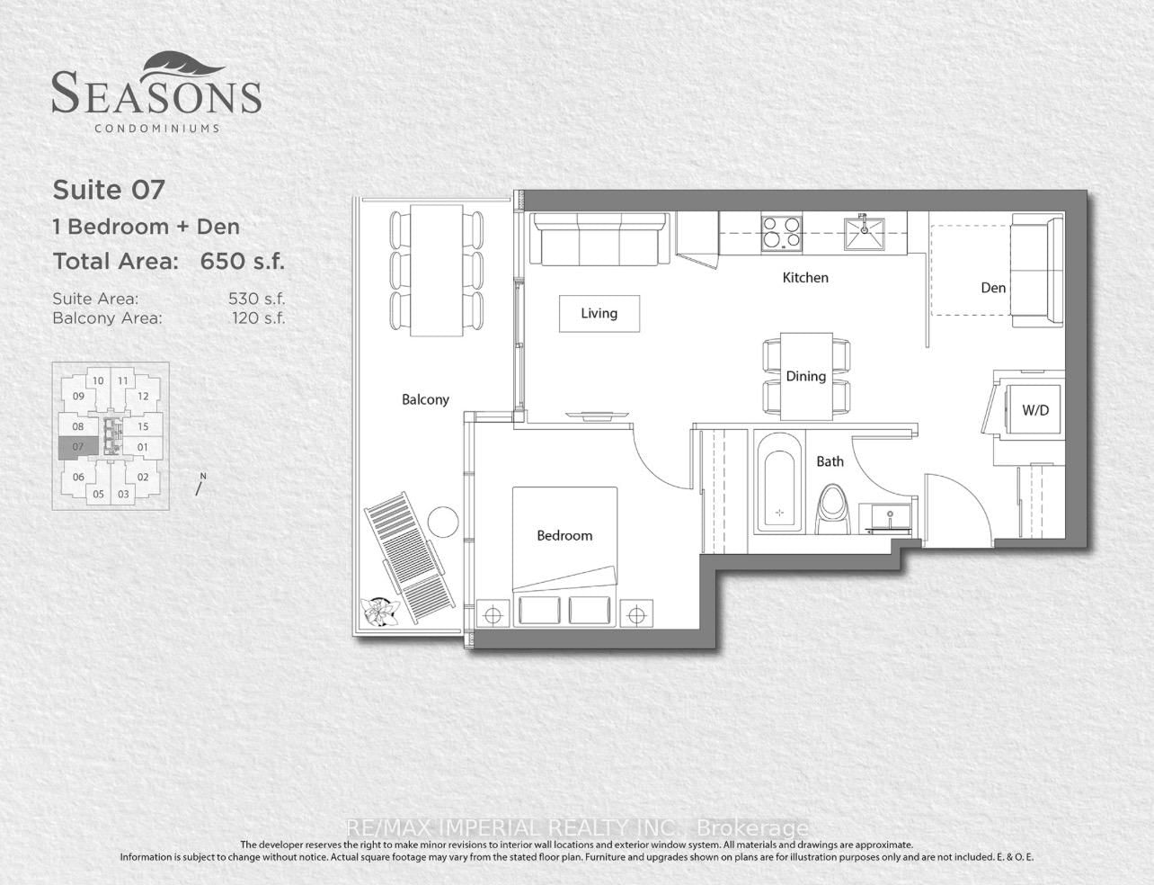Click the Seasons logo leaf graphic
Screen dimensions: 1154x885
[183, 67]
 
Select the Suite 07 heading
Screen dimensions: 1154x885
[109, 190]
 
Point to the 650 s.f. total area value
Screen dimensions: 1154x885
[242, 262]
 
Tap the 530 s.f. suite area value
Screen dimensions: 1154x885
[257, 299]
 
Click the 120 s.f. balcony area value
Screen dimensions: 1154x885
[259, 318]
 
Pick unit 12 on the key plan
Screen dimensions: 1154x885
[143, 397]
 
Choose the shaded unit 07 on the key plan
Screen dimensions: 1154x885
[78, 447]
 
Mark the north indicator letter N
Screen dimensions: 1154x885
[203, 477]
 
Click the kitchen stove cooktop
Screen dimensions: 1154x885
[781, 233]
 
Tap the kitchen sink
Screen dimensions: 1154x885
[865, 233]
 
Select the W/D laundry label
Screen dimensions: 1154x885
[1035, 410]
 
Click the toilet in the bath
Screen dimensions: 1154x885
[832, 510]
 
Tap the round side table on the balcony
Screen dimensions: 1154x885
[443, 523]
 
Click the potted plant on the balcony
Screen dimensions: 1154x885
[379, 612]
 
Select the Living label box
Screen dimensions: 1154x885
[599, 313]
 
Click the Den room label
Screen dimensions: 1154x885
[993, 288]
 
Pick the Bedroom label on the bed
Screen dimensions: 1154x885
[564, 535]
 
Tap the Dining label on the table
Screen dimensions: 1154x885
[805, 376]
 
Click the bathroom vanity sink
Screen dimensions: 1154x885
[890, 518]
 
